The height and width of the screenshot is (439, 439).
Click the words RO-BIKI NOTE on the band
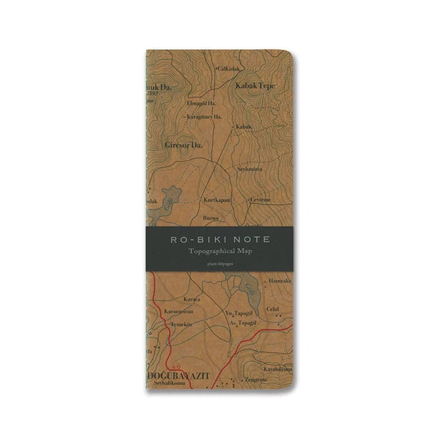click(x=219, y=239)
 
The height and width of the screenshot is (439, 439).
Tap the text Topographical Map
click(x=219, y=252)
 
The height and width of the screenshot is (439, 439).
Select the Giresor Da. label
click(x=184, y=145)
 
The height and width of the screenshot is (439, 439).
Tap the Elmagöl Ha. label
click(x=202, y=103)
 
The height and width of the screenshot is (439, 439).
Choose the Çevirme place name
click(x=260, y=199)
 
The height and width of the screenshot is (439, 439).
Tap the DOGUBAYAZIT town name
click(x=180, y=375)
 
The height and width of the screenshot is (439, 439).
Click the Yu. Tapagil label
click(x=237, y=312)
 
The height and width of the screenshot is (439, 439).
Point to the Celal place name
click(x=274, y=309)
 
